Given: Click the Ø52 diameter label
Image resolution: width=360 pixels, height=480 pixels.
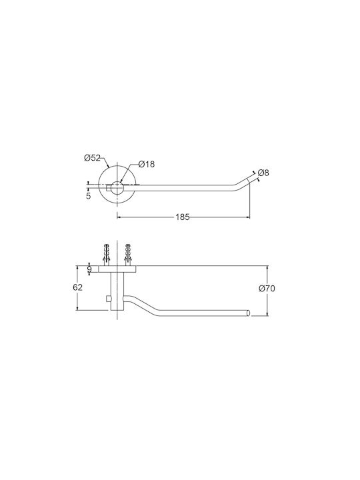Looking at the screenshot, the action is coord(92,158).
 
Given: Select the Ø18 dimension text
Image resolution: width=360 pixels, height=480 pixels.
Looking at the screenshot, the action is coord(147,165).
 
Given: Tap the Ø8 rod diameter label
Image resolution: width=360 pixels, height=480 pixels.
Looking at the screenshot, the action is coord(263,173).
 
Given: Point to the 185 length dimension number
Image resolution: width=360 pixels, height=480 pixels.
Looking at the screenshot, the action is coord(183,217).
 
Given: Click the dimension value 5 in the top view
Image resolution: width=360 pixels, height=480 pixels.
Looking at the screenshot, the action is coord(89,196).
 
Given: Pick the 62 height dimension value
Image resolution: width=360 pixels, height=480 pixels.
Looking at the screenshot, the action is coord(78,287).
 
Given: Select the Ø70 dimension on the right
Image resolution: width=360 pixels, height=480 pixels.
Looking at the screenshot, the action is coord(267,289).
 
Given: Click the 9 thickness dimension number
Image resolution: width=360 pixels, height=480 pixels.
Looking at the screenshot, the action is coord(89,269).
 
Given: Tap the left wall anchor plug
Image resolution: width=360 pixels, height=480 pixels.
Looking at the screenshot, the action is coord(106,255).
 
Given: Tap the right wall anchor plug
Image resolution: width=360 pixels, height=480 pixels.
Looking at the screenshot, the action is coord(127,255).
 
